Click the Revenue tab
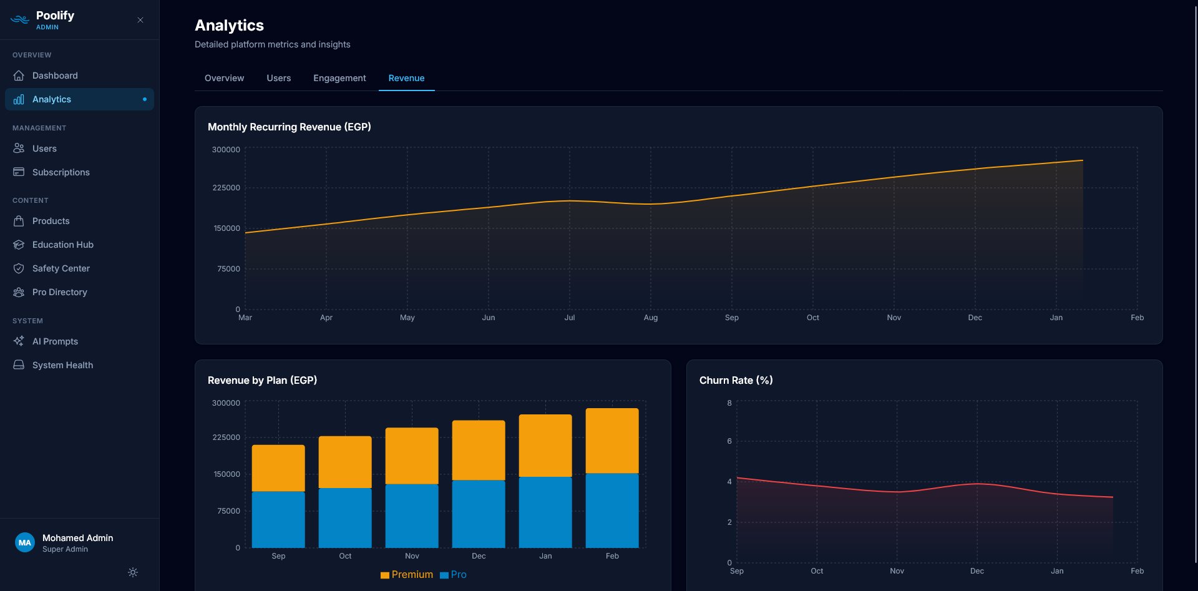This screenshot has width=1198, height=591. [x=406, y=78]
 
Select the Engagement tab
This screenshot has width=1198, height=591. [x=339, y=78]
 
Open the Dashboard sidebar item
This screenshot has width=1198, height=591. [x=55, y=76]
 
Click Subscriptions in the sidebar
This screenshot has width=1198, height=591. [x=61, y=172]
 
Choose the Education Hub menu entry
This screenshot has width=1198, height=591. [x=62, y=245]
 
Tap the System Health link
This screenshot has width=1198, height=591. [x=62, y=365]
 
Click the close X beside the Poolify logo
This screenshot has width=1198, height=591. [x=140, y=20]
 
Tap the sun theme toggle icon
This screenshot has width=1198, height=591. [x=133, y=572]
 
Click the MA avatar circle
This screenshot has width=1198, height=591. [x=25, y=542]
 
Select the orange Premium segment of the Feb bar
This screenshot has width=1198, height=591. [x=611, y=441]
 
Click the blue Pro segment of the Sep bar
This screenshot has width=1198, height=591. [x=278, y=519]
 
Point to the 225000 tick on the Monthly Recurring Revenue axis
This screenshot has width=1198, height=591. [x=226, y=188]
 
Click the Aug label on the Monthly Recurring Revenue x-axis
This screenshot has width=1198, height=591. [x=650, y=318]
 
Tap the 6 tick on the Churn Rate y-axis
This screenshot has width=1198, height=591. [x=729, y=441]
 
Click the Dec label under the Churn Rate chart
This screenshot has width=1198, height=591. [x=976, y=571]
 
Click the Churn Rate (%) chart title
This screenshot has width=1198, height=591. [x=736, y=380]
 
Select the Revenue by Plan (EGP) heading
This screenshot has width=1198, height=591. [x=262, y=380]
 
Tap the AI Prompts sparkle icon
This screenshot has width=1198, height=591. [x=19, y=341]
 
